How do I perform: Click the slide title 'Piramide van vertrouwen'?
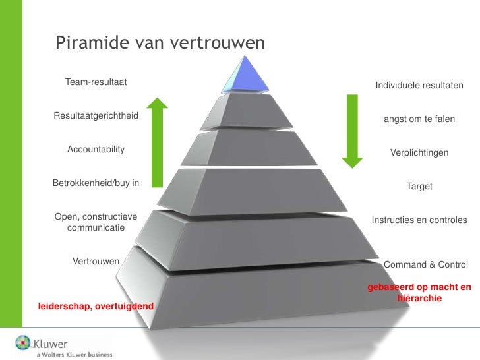[160, 44]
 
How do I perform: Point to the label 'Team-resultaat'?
[96, 82]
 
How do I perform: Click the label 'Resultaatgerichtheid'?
[96, 116]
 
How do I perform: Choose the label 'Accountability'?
[96, 150]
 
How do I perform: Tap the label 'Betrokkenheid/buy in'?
[96, 183]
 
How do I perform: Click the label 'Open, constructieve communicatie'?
[96, 222]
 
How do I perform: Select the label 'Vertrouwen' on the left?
[96, 261]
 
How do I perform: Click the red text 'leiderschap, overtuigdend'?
[96, 307]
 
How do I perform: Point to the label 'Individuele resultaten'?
[419, 86]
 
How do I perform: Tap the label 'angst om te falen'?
[419, 119]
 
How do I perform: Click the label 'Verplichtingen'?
[419, 152]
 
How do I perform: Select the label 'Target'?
[419, 187]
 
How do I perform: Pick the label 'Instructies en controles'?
[419, 220]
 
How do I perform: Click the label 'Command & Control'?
[425, 265]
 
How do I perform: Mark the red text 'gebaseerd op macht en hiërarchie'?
[419, 293]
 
